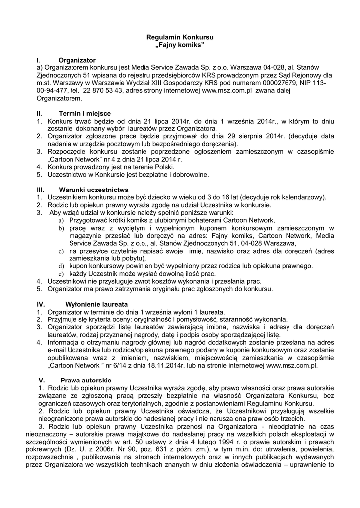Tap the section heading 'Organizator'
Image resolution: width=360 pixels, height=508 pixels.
tap(77, 60)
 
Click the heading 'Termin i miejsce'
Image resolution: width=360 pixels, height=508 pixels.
tap(84, 113)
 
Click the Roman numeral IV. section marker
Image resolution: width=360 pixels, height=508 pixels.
tap(41, 304)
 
